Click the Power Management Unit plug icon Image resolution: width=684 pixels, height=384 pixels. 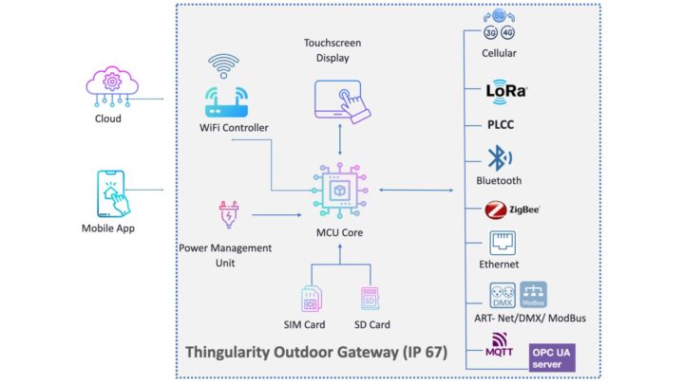(229, 217)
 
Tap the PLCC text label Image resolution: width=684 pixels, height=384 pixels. (500, 124)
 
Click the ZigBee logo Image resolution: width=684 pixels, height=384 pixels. (511, 210)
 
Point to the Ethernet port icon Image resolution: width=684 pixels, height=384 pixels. (500, 242)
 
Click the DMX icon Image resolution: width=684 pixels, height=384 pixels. (501, 295)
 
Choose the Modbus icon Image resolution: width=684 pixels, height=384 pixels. (535, 295)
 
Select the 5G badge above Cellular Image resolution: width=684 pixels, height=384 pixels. (500, 17)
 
